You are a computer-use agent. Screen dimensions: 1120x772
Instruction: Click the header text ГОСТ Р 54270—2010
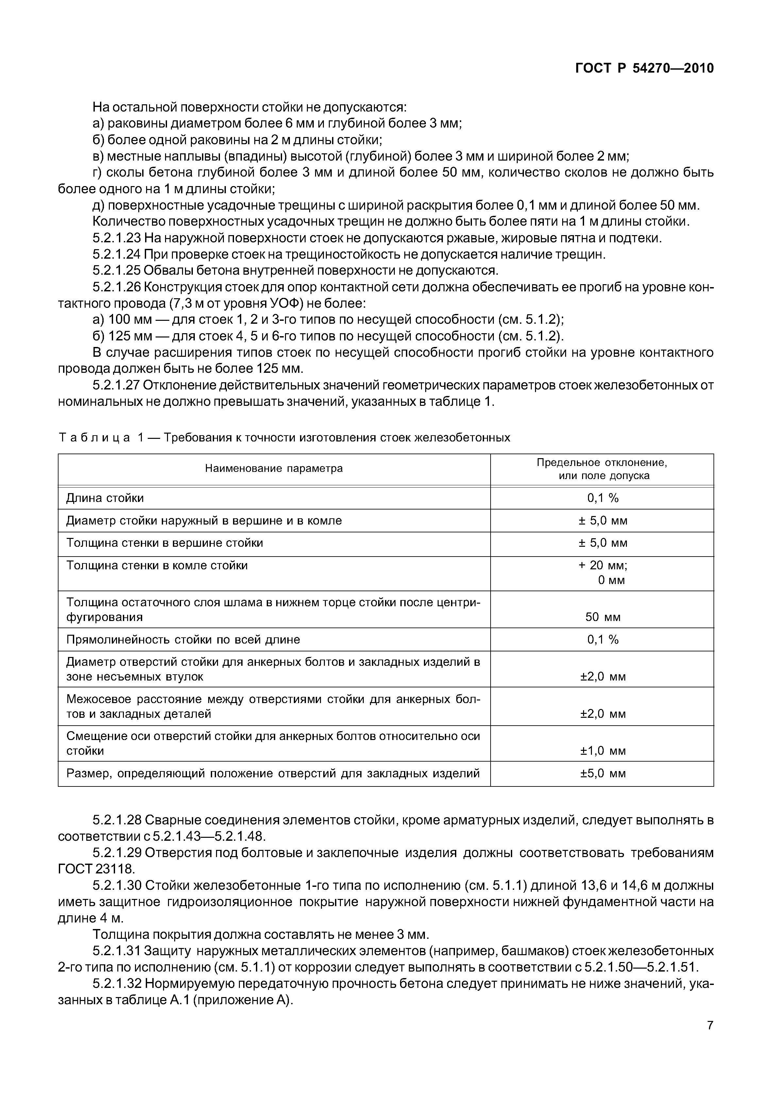tap(644, 69)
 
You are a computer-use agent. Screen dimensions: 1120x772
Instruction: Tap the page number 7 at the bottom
tap(710, 1039)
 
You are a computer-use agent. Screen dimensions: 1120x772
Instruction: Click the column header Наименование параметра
tap(274, 469)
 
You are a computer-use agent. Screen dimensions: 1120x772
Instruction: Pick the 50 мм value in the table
tap(603, 617)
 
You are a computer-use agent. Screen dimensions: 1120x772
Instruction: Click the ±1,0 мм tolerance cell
tap(603, 751)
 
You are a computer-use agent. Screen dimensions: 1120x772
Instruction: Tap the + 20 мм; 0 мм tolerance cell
tap(603, 573)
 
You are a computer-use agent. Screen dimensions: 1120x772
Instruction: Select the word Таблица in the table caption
tap(94, 438)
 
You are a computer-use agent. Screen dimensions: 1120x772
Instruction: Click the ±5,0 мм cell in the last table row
tap(603, 773)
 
